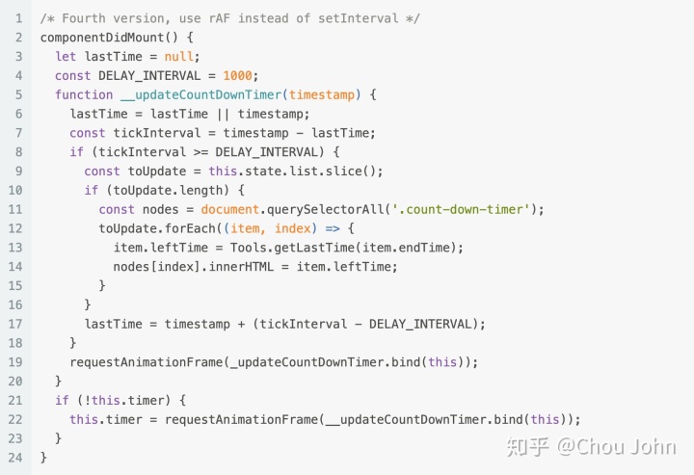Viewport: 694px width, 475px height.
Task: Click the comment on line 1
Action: coord(229,18)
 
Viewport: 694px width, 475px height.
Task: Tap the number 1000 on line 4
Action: coord(240,75)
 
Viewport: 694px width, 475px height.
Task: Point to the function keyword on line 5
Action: coord(84,94)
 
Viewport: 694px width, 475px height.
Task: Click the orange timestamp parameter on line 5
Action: coord(325,94)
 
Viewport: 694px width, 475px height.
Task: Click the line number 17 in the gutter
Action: coord(15,324)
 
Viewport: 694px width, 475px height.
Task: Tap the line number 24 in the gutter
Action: coord(15,457)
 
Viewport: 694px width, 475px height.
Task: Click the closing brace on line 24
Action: coord(43,457)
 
